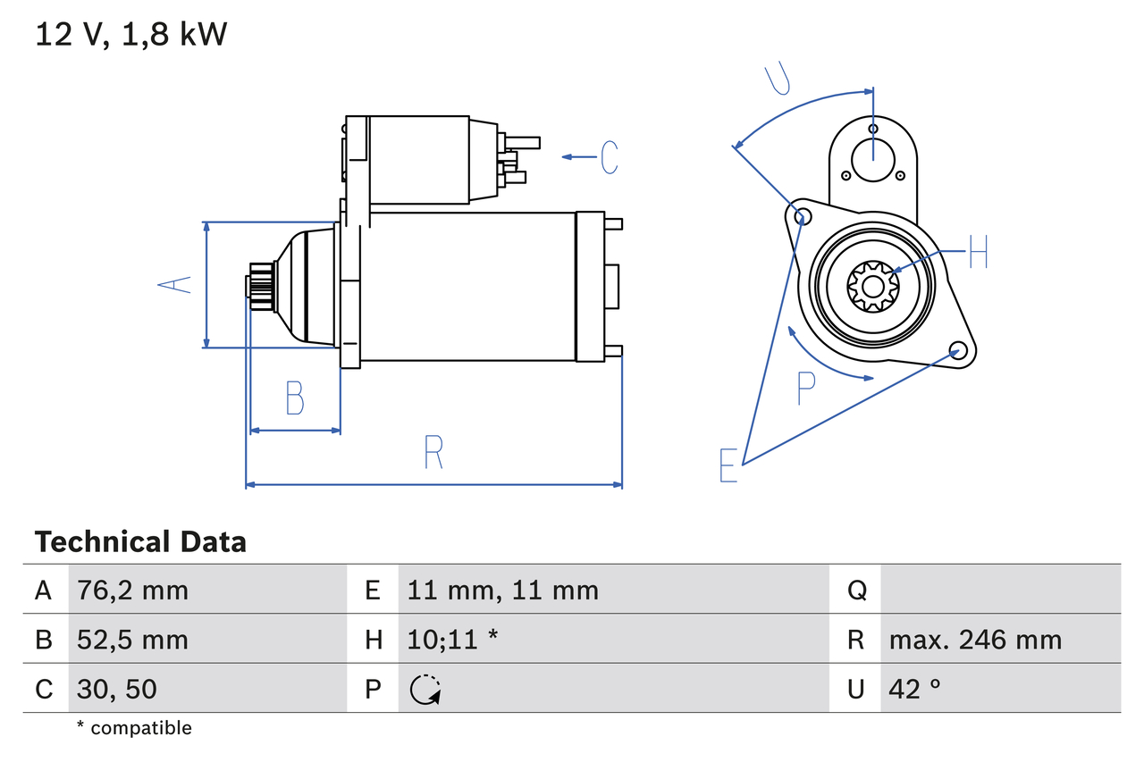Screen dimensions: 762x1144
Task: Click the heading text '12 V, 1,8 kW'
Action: coord(131,35)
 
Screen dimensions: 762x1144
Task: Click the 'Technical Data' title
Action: coord(140,542)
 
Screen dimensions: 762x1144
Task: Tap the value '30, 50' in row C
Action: coord(119,689)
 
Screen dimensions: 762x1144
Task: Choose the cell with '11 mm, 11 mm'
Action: coord(502,590)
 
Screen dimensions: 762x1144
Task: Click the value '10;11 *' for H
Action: coord(452,640)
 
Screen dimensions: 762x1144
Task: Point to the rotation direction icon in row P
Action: coord(425,689)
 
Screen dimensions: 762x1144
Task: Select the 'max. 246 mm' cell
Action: coord(975,640)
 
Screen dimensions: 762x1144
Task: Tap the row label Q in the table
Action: coord(856,590)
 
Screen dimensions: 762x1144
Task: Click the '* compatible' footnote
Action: coord(134,728)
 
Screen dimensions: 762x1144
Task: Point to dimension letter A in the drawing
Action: coord(175,285)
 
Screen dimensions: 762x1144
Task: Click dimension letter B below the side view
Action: coord(295,398)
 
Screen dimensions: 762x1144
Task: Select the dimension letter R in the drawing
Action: coord(433,452)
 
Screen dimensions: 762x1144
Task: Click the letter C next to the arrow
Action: coord(610,157)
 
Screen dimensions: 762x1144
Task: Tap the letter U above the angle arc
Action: coord(779,79)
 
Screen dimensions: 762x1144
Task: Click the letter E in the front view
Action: coord(729,465)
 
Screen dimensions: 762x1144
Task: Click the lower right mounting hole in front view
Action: coord(958,349)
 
